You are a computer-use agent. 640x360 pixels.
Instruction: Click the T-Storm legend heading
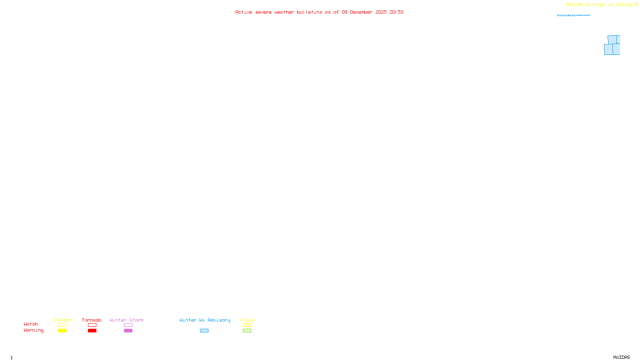(x=62, y=320)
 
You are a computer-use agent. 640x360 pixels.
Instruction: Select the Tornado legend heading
(x=92, y=320)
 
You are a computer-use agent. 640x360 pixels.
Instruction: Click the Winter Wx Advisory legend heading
(x=205, y=320)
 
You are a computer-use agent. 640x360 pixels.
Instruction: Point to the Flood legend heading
(x=247, y=320)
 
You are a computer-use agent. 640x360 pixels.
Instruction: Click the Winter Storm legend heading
(x=126, y=320)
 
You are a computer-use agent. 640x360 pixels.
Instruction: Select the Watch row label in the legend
(x=31, y=324)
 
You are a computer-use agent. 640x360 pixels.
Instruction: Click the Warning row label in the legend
(x=34, y=330)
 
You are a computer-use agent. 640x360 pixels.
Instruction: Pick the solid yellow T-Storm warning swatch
(x=62, y=331)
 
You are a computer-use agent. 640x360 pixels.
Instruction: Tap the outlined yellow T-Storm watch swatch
(x=62, y=325)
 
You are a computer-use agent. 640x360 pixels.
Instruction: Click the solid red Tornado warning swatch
(x=92, y=331)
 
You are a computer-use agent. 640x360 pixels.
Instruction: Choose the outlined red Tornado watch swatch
(x=92, y=325)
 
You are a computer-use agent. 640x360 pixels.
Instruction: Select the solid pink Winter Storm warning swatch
(x=128, y=331)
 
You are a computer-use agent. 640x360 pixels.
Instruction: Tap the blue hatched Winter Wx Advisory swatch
(x=204, y=331)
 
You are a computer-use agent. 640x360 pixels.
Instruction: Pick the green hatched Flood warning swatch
(x=247, y=331)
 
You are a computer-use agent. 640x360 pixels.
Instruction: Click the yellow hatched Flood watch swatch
(x=247, y=325)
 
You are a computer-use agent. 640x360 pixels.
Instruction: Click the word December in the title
(x=361, y=12)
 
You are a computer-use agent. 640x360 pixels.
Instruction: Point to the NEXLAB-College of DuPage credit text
(x=600, y=5)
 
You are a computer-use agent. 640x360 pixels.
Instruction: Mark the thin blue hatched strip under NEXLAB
(x=574, y=15)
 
